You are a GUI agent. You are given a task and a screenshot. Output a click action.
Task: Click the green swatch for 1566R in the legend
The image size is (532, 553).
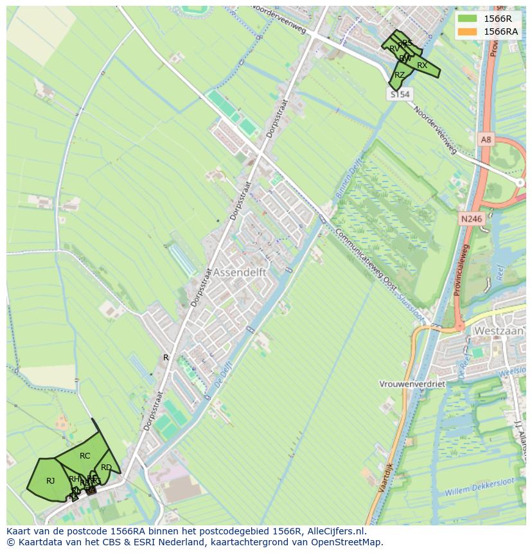tap(468, 18)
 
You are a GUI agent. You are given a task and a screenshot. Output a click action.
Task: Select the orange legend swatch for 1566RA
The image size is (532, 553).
tap(468, 31)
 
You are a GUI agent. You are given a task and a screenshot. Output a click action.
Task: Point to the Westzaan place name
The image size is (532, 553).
tap(499, 331)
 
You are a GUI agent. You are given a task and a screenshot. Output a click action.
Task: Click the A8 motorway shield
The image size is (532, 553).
tap(486, 139)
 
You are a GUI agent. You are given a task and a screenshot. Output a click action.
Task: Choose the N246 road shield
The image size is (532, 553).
tap(471, 219)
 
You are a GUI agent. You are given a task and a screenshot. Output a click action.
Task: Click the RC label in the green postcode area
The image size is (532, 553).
tap(85, 456)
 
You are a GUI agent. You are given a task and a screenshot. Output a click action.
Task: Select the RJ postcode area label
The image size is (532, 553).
tap(51, 480)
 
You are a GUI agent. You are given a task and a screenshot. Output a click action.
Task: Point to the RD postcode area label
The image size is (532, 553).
tap(106, 468)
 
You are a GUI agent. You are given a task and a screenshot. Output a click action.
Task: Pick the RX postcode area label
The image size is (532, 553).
tap(421, 66)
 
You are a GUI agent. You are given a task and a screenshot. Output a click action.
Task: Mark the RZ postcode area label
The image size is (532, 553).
tap(400, 75)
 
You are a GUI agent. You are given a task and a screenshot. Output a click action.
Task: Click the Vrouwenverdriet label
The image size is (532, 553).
tap(412, 384)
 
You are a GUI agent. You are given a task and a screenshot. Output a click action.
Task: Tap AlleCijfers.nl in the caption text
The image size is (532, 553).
tap(336, 531)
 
